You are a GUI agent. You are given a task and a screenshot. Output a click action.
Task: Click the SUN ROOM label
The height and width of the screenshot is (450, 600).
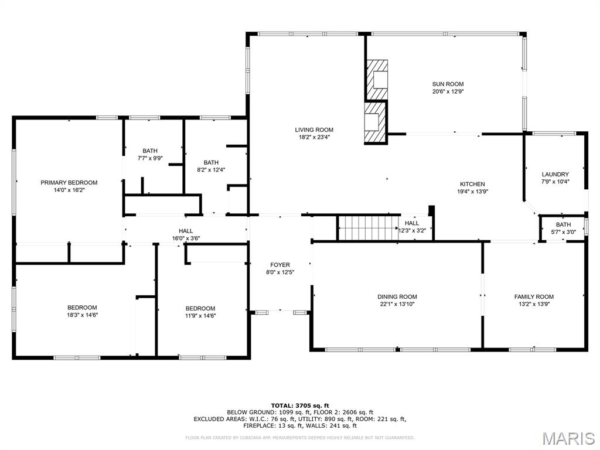click(448, 84)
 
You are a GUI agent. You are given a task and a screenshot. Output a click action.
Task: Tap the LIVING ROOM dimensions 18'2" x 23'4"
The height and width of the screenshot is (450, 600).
click(314, 138)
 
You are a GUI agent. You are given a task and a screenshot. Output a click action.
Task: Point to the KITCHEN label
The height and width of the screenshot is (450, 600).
click(472, 184)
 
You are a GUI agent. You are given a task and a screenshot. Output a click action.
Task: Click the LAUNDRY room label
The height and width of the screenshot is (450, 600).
click(555, 174)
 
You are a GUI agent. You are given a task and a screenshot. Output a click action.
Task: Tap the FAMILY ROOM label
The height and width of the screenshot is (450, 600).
click(534, 296)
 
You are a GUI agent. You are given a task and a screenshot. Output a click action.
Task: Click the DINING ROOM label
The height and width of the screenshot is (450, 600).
click(397, 296)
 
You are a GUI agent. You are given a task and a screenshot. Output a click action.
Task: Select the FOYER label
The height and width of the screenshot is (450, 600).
click(280, 265)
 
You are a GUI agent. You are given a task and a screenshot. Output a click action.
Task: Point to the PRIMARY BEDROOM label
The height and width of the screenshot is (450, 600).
click(69, 182)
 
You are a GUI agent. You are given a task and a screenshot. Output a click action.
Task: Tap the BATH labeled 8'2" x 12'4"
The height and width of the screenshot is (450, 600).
click(211, 162)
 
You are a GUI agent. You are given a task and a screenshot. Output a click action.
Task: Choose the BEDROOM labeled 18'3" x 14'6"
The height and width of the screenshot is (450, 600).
click(82, 308)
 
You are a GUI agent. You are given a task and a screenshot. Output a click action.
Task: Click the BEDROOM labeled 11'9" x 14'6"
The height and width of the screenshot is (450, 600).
click(200, 308)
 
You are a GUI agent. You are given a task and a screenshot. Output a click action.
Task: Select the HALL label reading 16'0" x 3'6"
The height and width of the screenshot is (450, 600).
click(186, 231)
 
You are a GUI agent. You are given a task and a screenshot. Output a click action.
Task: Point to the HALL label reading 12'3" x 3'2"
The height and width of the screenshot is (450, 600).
click(412, 223)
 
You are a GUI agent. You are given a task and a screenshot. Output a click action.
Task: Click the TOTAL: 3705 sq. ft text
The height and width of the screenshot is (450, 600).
click(300, 405)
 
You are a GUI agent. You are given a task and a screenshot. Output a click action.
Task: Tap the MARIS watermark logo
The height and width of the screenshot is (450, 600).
click(569, 438)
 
